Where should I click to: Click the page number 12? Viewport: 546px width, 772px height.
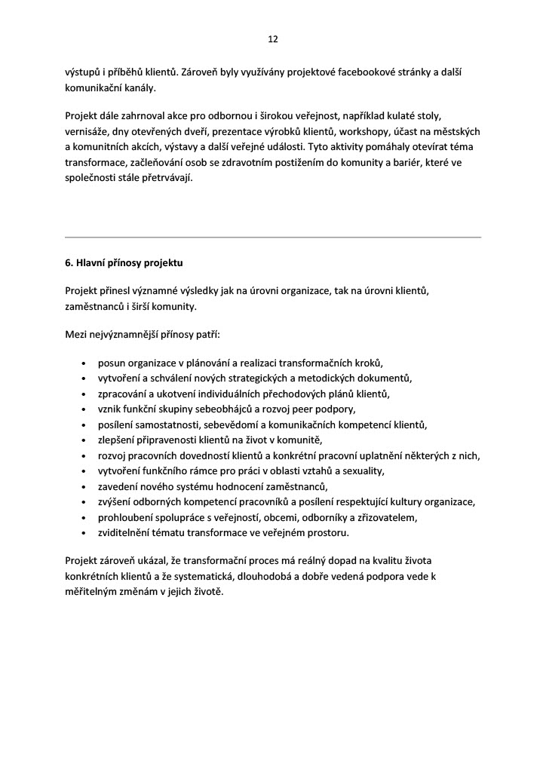273,39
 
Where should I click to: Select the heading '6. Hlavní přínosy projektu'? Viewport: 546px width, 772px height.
124,264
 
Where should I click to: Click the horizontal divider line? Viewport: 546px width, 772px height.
273,237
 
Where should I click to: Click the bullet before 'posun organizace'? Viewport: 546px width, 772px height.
82,363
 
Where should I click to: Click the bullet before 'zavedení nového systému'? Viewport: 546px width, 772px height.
82,487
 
